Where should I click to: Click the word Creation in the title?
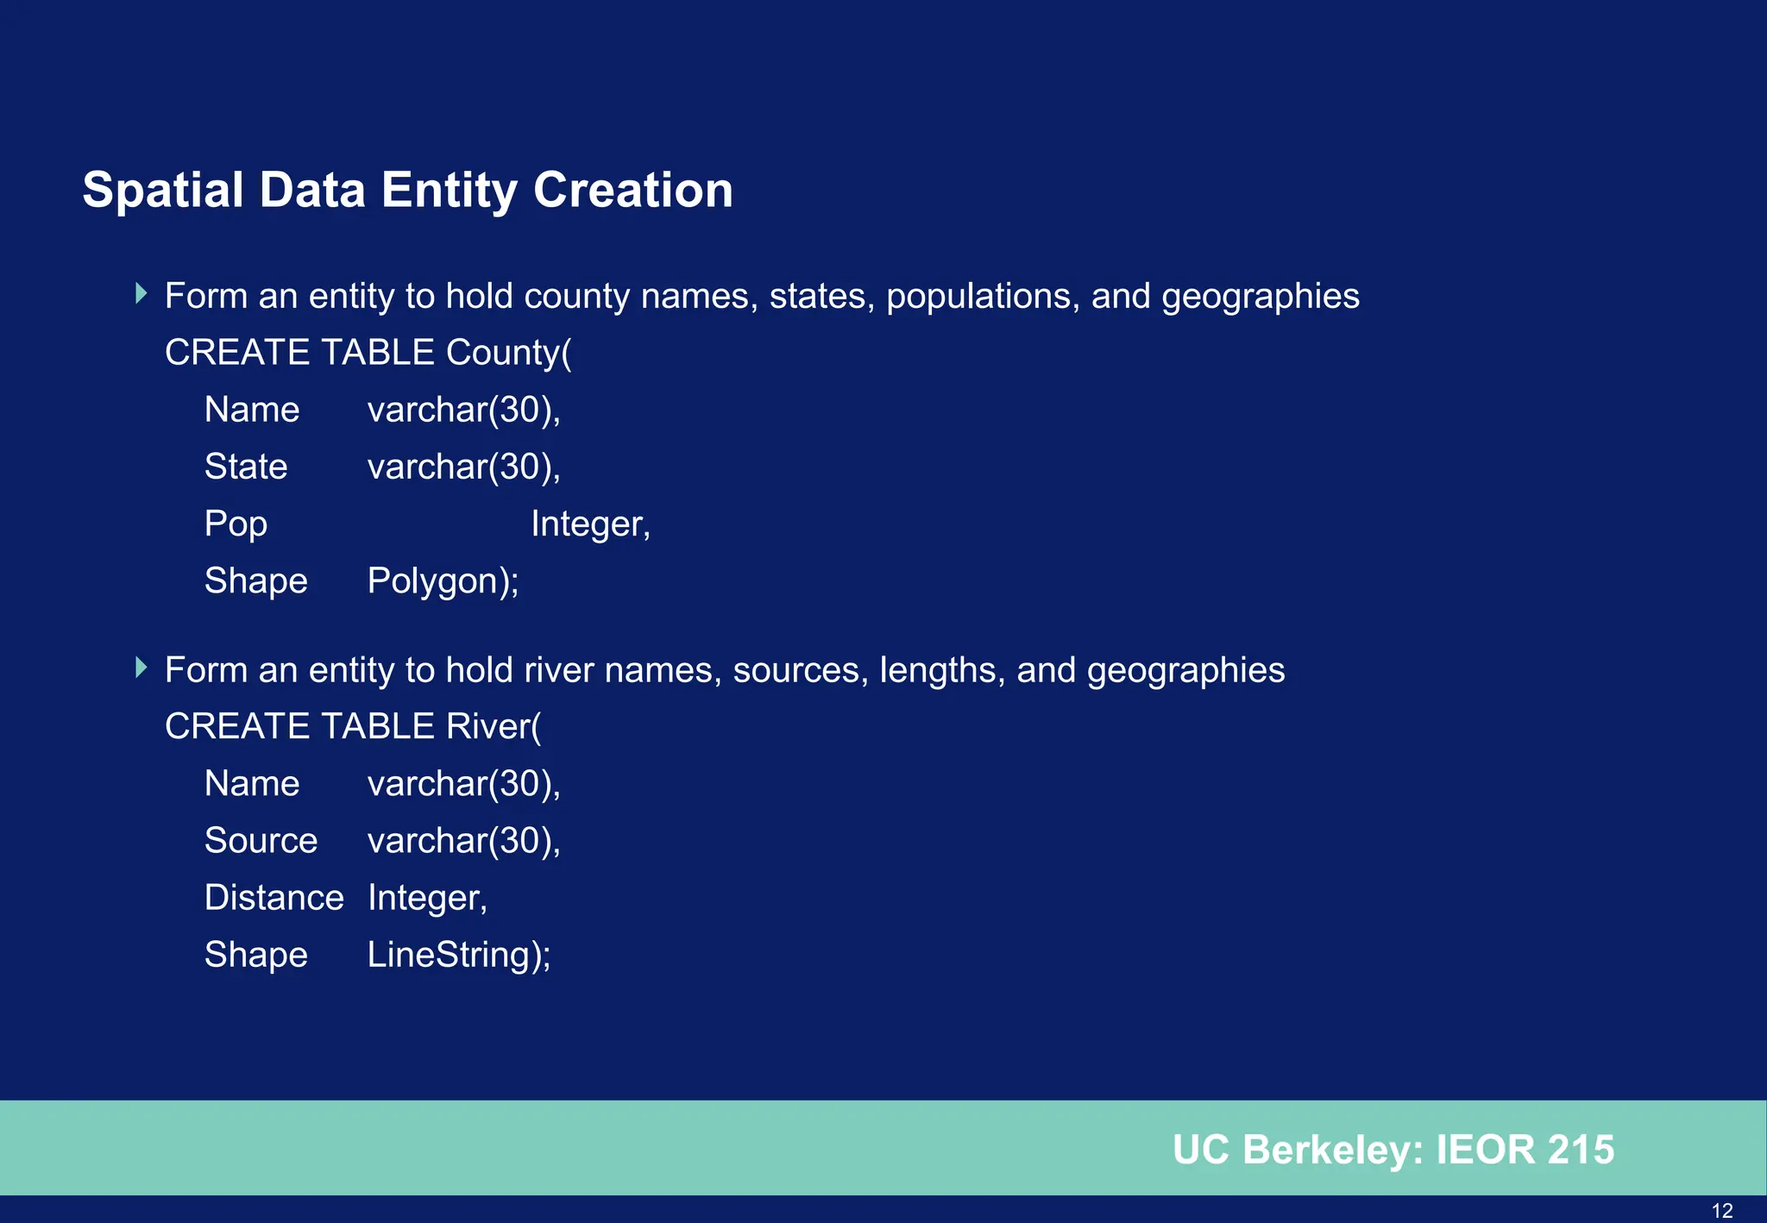click(x=632, y=191)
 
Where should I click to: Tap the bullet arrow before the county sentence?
click(x=141, y=294)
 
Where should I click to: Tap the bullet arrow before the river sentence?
click(x=141, y=668)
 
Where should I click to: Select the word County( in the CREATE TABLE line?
click(x=508, y=353)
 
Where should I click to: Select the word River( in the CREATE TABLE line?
click(x=494, y=726)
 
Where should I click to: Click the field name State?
click(x=246, y=467)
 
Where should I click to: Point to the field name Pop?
click(x=236, y=524)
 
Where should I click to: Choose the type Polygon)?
click(x=443, y=581)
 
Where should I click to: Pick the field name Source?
click(x=261, y=841)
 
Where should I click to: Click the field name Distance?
click(x=274, y=898)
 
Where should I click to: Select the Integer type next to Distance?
click(x=427, y=898)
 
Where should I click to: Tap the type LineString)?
click(x=459, y=956)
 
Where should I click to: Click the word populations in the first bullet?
click(x=983, y=297)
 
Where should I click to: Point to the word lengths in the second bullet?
click(x=942, y=670)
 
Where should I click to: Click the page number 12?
click(x=1721, y=1211)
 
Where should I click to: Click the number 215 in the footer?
click(x=1580, y=1150)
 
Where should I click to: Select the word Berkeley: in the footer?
click(x=1333, y=1150)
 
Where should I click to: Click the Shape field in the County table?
click(x=255, y=581)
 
